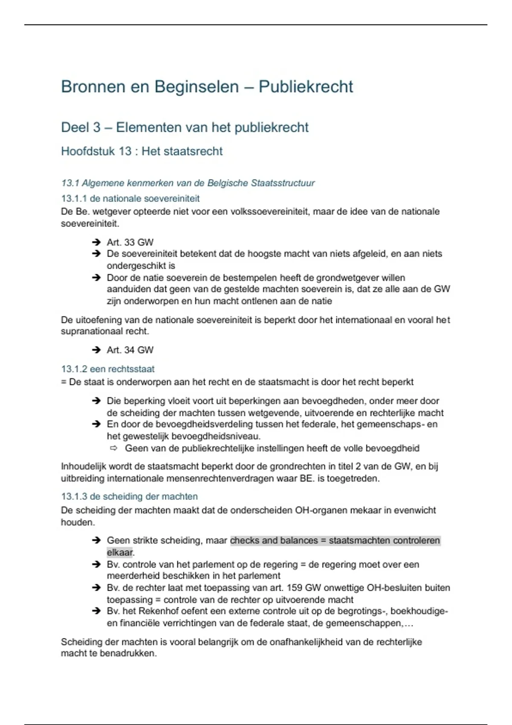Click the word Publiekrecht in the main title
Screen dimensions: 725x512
pyautogui.click(x=305, y=87)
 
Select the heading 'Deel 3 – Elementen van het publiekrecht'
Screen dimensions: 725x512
pyautogui.click(x=184, y=127)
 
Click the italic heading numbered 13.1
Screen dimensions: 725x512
pyautogui.click(x=188, y=183)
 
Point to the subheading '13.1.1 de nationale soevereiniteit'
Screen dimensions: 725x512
pyautogui.click(x=130, y=198)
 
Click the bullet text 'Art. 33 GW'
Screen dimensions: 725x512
pyautogui.click(x=130, y=242)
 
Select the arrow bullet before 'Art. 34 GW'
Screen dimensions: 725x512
pyautogui.click(x=96, y=350)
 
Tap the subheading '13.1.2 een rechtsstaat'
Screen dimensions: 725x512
pyautogui.click(x=108, y=369)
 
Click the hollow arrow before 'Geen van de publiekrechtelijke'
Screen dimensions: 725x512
pyautogui.click(x=113, y=448)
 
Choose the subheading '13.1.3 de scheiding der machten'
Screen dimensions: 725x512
pyautogui.click(x=129, y=496)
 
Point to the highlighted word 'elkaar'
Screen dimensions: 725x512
pyautogui.click(x=119, y=552)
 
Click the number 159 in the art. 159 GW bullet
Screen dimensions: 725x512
pyautogui.click(x=294, y=588)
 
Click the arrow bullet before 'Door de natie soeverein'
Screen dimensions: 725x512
pyautogui.click(x=96, y=278)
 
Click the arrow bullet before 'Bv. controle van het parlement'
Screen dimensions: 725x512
pyautogui.click(x=96, y=564)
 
